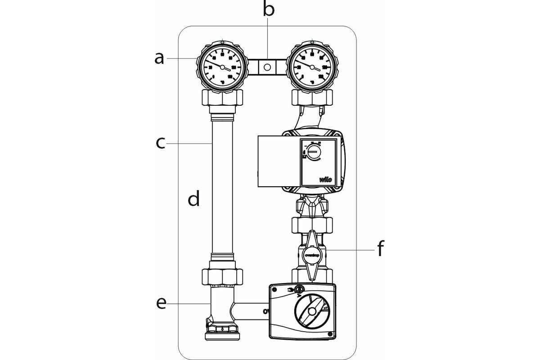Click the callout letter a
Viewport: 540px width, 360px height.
[x=159, y=58]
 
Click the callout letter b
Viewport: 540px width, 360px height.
[x=269, y=9]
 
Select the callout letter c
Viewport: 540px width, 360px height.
[x=161, y=144]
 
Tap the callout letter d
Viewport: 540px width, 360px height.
[x=193, y=198]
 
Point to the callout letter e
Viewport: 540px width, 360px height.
[x=161, y=304]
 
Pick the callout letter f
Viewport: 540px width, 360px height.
[x=381, y=249]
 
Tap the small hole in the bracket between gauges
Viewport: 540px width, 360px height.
[x=267, y=68]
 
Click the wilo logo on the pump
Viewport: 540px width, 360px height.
[x=326, y=180]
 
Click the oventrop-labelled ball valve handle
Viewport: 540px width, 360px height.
[x=312, y=253]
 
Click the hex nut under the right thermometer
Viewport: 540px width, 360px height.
[x=312, y=97]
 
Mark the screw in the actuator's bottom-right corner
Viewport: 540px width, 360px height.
[x=330, y=333]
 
